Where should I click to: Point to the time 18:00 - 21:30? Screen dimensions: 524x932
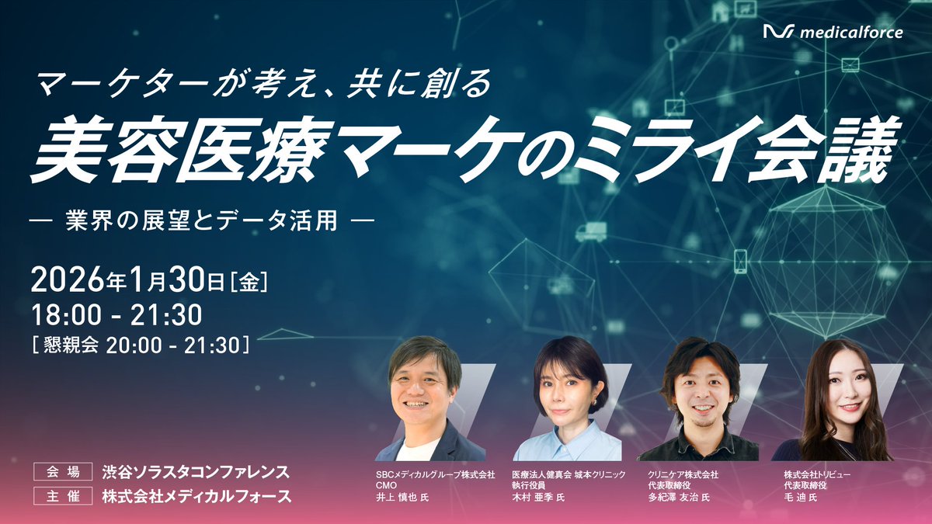[x=116, y=314]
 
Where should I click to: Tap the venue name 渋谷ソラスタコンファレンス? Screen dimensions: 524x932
[x=196, y=471]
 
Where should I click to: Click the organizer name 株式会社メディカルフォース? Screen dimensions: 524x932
[x=196, y=497]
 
